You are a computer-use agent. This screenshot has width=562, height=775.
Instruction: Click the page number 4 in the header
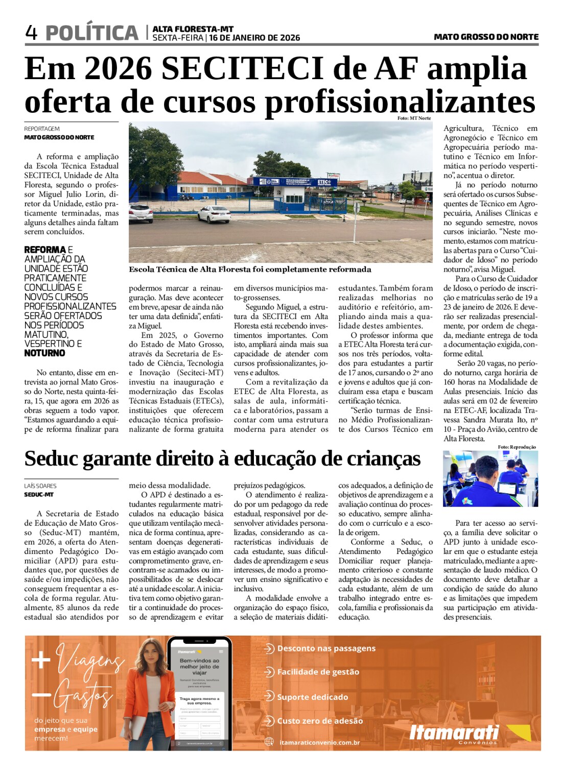point(31,33)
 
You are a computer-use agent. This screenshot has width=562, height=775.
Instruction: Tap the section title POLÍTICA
point(92,33)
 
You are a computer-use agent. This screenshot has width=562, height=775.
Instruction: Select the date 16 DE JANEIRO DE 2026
point(254,38)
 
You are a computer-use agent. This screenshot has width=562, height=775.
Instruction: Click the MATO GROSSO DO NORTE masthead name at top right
point(486,37)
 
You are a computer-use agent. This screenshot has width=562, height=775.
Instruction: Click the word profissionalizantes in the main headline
point(400,102)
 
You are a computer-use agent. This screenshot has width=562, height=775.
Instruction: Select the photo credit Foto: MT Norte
point(414,118)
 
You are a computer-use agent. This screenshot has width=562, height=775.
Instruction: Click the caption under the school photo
point(250,269)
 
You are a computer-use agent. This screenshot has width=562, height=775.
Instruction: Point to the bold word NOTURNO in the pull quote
point(44,353)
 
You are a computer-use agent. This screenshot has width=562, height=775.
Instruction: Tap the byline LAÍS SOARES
point(40,486)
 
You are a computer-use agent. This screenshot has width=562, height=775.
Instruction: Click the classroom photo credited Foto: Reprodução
point(490,478)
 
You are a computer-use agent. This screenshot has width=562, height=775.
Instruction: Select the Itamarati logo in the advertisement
point(454,733)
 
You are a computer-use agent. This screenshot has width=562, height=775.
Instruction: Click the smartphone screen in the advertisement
point(199,694)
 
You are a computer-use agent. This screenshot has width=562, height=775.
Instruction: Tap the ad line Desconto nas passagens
point(326,648)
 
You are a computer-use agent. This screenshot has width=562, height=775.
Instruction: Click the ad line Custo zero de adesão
point(320,721)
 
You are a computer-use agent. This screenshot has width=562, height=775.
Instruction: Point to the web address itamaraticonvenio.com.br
point(320,742)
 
